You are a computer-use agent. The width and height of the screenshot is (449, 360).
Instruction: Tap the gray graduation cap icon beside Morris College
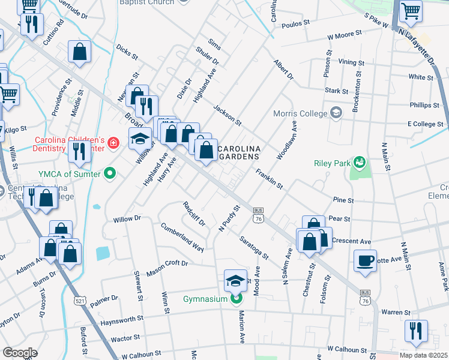[x=336, y=113]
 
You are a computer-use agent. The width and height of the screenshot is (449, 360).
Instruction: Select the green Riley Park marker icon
[x=360, y=162]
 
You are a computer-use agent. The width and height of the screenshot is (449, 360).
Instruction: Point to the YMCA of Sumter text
[x=68, y=175]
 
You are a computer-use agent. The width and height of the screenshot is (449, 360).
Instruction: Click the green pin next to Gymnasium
[x=237, y=298]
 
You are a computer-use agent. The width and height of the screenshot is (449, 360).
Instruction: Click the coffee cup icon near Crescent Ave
[x=365, y=260]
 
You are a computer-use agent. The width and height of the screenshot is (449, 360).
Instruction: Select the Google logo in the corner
[x=20, y=353]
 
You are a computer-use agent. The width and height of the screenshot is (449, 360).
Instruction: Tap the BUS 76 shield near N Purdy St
[x=259, y=215]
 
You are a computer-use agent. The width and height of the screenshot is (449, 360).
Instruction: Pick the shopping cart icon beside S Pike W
[x=411, y=10]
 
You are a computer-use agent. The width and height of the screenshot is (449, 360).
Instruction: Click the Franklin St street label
[x=269, y=179]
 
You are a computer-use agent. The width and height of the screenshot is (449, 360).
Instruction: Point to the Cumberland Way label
[x=182, y=237]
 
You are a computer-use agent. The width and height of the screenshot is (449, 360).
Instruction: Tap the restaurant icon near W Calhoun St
[x=415, y=330]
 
